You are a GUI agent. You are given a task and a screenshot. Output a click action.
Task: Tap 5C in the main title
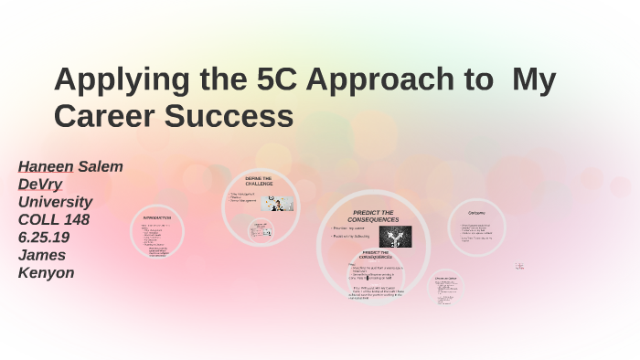point(275,80)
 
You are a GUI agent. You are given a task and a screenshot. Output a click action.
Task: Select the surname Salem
point(101,166)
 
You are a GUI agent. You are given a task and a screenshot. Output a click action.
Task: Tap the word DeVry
point(40,184)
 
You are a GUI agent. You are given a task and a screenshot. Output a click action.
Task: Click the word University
point(55,201)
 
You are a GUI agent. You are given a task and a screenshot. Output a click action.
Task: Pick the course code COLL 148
point(54,218)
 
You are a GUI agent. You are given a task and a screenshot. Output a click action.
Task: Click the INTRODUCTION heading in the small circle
point(156,217)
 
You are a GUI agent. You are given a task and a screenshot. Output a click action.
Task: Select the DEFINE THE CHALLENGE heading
point(259,180)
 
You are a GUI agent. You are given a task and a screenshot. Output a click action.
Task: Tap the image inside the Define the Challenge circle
point(277,203)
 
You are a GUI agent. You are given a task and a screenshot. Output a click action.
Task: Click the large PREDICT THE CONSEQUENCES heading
point(372,216)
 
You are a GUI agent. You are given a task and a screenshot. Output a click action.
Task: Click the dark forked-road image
point(395,237)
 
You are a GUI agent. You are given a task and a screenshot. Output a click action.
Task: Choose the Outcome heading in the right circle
point(475,213)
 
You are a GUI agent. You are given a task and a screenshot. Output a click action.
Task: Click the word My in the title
point(534,80)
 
